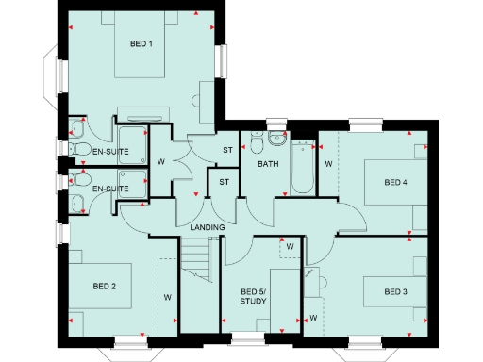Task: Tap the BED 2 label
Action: [x=104, y=285]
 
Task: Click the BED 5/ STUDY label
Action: [x=254, y=296]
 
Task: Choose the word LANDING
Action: [x=207, y=228]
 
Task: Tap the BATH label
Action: [x=268, y=164]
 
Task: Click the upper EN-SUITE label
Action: [x=110, y=150]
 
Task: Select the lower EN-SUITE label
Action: [x=110, y=189]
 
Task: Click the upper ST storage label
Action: [x=227, y=151]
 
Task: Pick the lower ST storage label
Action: [x=225, y=182]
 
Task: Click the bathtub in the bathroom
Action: [x=303, y=167]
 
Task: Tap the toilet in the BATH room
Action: [x=275, y=140]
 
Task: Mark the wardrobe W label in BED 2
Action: [x=168, y=297]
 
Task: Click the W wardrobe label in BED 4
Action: [x=328, y=165]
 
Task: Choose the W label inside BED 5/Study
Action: [x=290, y=247]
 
